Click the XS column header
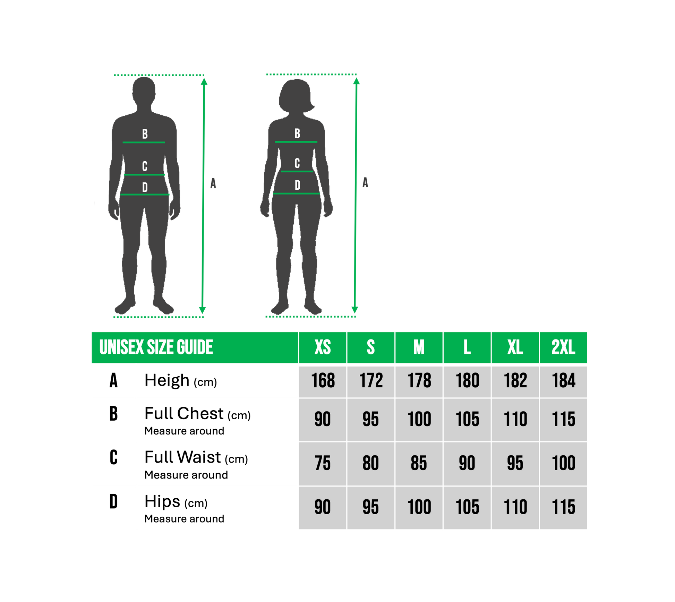coord(323,347)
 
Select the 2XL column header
coord(563,347)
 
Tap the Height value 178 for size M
coord(419,380)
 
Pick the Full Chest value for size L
coord(467,419)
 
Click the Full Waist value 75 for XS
coord(323,463)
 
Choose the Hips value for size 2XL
coord(563,507)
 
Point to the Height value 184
coord(563,380)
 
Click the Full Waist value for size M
coord(419,463)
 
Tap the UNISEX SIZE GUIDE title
coord(156,347)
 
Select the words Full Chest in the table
coord(184,413)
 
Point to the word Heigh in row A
coord(167,380)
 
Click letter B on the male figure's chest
coord(145,134)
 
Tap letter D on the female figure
coord(297,185)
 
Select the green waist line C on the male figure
coord(144,175)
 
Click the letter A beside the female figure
coord(365,182)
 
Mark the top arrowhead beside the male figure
coord(204,81)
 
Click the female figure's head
coord(296,95)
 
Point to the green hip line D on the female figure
coord(297,193)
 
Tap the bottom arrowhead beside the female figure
coord(354,310)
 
